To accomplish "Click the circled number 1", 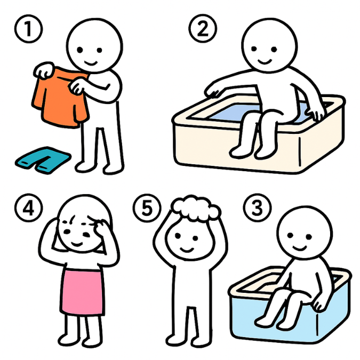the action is pyautogui.click(x=28, y=29).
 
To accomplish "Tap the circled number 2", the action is pyautogui.click(x=203, y=28).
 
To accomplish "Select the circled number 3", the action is pyautogui.click(x=257, y=207).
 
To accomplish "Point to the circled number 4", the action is pyautogui.click(x=28, y=208).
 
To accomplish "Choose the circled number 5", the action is pyautogui.click(x=147, y=208).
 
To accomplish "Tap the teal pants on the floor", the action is pyautogui.click(x=43, y=160).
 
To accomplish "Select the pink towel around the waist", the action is pyautogui.click(x=82, y=292).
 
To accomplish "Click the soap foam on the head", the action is pyautogui.click(x=196, y=208).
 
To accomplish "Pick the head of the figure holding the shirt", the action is pyautogui.click(x=94, y=45).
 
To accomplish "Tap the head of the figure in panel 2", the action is pyautogui.click(x=269, y=45).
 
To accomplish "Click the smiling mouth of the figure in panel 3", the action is pyautogui.click(x=300, y=247).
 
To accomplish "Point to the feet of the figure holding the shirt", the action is pyautogui.click(x=99, y=167).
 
